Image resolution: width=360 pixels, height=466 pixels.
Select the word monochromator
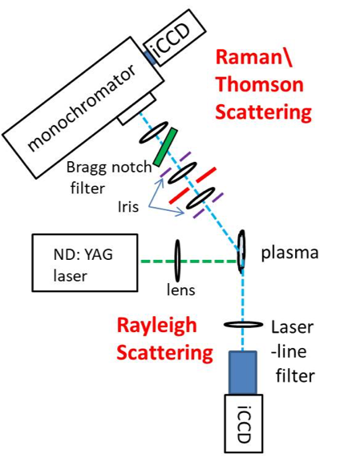(x=82, y=108)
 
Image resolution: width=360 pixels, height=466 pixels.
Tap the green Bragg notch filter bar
(x=165, y=147)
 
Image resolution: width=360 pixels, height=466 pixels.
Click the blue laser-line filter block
(x=243, y=373)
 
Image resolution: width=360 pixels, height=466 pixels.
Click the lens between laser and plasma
(x=177, y=261)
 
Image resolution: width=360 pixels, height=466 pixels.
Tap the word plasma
(x=289, y=253)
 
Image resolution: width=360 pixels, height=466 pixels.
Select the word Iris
(x=128, y=206)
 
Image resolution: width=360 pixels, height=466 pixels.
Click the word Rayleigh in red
(x=157, y=326)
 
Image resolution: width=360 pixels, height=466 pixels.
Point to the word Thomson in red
(x=260, y=84)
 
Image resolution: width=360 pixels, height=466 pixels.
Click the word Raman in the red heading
(x=249, y=57)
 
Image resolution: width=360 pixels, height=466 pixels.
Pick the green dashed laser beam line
(x=189, y=261)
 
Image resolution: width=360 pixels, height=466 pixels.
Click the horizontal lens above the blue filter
(x=243, y=324)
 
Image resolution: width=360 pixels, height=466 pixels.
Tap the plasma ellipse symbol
(x=241, y=251)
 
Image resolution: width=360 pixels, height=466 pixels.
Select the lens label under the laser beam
(x=181, y=290)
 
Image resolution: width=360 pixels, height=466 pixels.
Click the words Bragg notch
(x=109, y=168)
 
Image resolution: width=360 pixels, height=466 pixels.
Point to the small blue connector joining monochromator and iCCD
(x=150, y=58)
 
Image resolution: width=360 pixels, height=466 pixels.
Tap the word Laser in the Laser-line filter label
(x=293, y=327)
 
